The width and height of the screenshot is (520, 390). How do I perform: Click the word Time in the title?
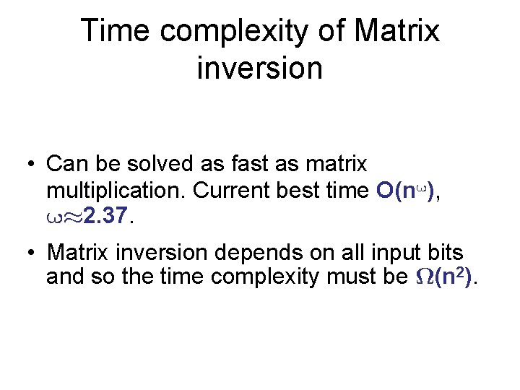point(116,32)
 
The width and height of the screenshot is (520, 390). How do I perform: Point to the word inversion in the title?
point(259,69)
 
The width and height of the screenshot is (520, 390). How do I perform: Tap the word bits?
point(446,253)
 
